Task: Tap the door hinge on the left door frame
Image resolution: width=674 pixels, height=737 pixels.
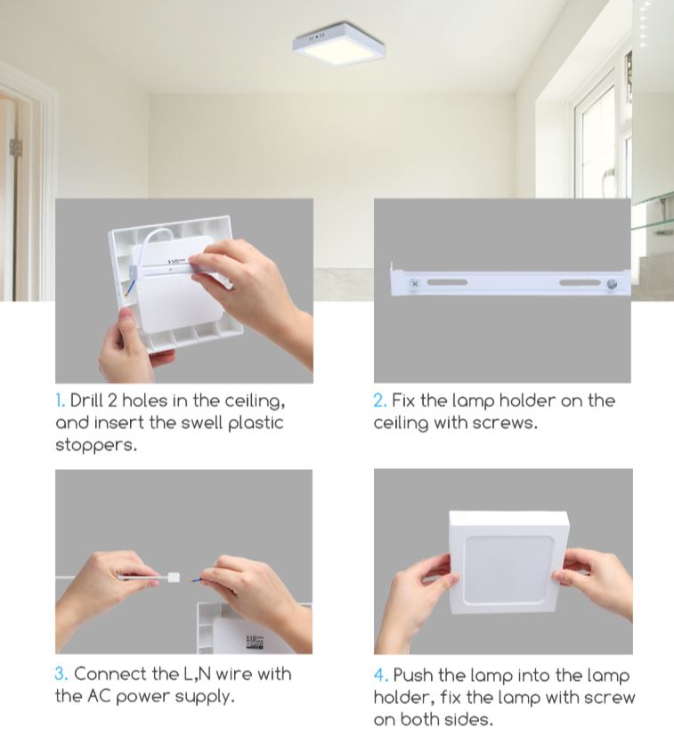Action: [16, 147]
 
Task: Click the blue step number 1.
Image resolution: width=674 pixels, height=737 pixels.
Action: [60, 401]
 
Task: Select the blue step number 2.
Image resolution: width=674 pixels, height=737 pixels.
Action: [380, 401]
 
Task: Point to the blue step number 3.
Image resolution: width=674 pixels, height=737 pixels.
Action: [61, 674]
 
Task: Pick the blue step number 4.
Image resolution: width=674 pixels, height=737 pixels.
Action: [381, 676]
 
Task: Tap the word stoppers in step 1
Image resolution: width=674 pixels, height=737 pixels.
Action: [96, 445]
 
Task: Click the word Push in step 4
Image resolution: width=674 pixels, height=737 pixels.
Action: [413, 675]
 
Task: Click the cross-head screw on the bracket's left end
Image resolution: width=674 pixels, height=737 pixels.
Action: [415, 283]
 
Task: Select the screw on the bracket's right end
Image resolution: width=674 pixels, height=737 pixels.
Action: [612, 284]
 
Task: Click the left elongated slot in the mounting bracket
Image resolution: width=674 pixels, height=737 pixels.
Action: [447, 282]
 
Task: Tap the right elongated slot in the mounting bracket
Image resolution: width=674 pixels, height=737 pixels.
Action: [580, 282]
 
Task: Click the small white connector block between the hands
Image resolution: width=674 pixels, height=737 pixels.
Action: [174, 578]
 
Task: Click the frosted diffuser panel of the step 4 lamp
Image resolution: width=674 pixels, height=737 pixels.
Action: [508, 571]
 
